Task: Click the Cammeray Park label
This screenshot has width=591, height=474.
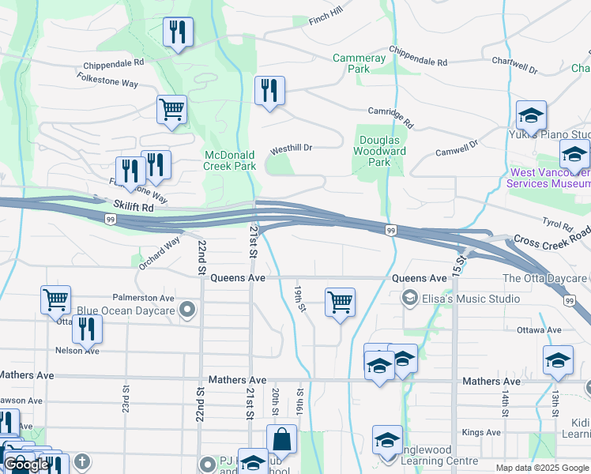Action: [359, 63]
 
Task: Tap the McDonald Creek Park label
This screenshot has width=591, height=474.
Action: [229, 160]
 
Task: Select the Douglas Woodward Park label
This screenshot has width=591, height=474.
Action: [378, 151]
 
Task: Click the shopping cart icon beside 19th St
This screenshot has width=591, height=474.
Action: [340, 301]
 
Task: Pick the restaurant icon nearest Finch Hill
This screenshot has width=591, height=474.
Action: [177, 32]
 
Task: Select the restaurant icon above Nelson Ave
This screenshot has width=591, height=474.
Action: [87, 329]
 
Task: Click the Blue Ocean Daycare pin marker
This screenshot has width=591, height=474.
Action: [187, 310]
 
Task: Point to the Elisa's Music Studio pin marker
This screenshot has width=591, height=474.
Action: [409, 298]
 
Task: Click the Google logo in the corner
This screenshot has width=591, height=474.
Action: [26, 465]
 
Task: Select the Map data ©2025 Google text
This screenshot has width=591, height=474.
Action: [542, 468]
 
